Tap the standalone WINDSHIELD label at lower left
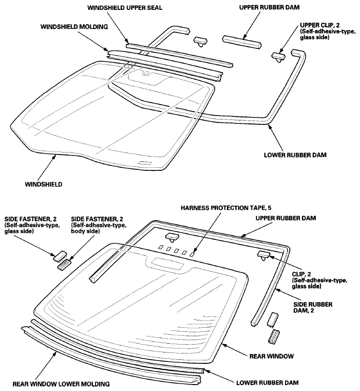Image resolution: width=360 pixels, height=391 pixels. point(43,184)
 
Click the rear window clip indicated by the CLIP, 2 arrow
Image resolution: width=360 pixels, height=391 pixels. point(262,255)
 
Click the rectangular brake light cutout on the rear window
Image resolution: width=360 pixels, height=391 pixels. point(168,264)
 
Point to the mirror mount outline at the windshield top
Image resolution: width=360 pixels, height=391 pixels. point(146,76)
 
